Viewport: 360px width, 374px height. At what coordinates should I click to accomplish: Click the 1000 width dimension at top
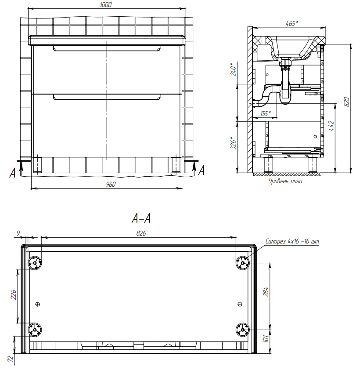(106, 5)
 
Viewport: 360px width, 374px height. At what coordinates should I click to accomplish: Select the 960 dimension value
(111, 185)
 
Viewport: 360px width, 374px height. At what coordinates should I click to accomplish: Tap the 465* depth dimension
(292, 24)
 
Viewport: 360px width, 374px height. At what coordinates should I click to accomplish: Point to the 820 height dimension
(347, 102)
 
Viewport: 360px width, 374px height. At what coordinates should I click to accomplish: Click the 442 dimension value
(331, 126)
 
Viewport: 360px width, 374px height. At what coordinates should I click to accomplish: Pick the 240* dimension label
(233, 69)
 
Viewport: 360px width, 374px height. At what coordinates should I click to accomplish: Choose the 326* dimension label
(233, 143)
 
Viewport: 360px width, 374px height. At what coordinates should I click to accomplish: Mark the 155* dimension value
(266, 113)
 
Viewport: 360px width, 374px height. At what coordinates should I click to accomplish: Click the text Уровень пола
(285, 181)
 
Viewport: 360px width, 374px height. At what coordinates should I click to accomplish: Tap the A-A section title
(141, 218)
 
